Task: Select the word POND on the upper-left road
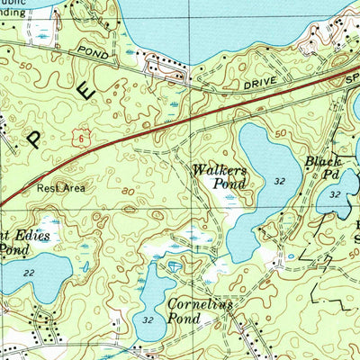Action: click(92, 53)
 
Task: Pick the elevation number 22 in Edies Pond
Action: click(31, 274)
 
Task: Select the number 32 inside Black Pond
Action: click(335, 194)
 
